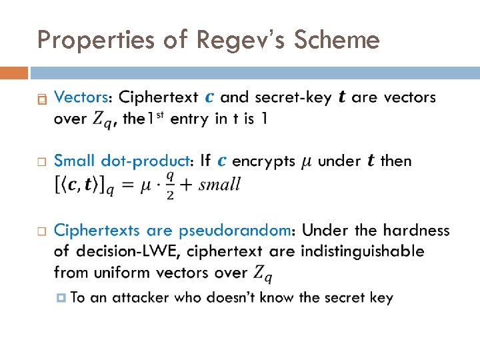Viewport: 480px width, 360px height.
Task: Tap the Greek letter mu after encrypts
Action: (307, 162)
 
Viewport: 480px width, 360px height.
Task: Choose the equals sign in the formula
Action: (128, 184)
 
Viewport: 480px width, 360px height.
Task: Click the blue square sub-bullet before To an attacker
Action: (62, 297)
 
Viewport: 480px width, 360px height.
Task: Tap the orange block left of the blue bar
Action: (14, 72)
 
